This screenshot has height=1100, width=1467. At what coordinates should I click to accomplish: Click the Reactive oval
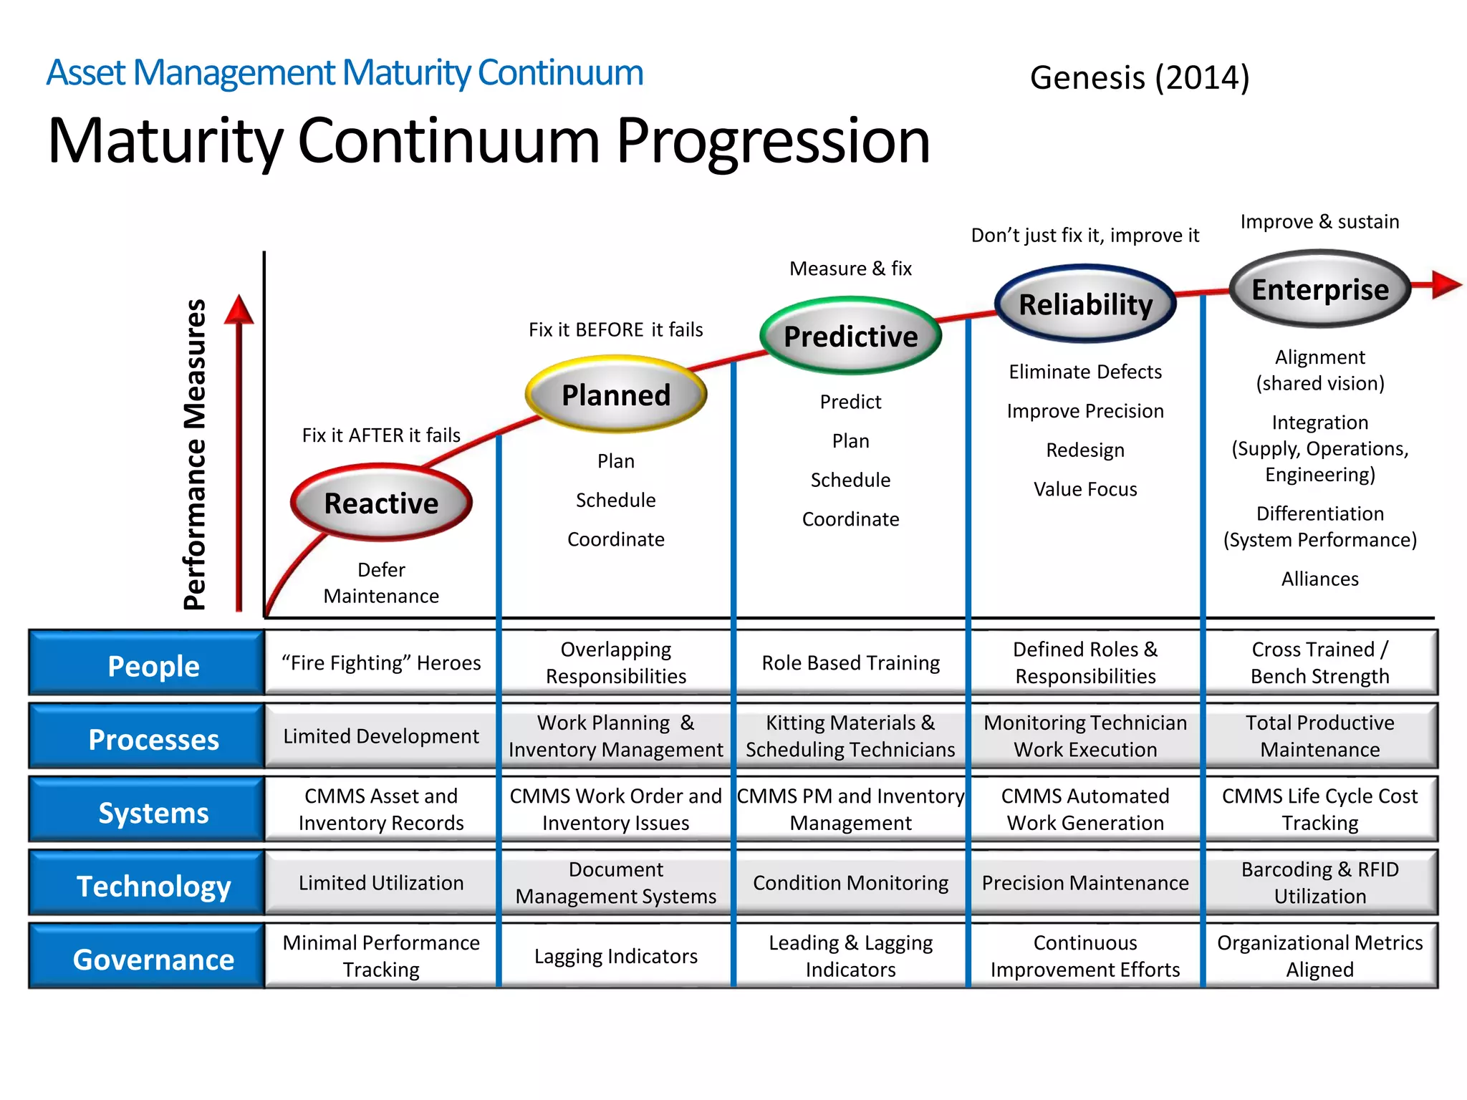tap(381, 503)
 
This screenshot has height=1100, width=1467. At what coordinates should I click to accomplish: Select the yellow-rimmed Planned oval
tap(616, 395)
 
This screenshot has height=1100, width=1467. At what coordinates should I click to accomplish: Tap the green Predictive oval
tap(850, 336)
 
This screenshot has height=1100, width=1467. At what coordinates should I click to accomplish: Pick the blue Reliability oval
tap(1085, 304)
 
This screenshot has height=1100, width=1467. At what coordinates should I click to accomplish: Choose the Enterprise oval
tap(1319, 289)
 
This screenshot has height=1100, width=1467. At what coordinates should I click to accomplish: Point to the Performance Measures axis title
tap(195, 454)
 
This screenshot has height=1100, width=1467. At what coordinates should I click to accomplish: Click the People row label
tap(153, 665)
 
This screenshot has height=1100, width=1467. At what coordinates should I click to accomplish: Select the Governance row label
tap(153, 959)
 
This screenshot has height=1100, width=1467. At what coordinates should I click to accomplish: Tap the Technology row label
tap(153, 886)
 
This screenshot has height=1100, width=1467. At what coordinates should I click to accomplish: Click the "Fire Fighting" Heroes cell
tap(381, 663)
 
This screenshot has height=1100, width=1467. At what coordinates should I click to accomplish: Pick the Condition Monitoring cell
tap(850, 883)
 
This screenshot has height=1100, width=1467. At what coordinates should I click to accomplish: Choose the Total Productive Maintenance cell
tap(1319, 736)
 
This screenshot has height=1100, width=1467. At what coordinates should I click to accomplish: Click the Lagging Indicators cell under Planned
tap(616, 956)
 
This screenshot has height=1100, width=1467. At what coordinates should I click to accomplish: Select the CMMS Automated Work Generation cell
tap(1085, 809)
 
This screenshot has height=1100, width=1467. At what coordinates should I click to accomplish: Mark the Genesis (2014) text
tap(1140, 77)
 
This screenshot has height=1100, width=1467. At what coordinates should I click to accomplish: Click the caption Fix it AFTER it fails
tap(381, 435)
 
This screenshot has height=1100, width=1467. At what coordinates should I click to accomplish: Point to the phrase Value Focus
tap(1085, 489)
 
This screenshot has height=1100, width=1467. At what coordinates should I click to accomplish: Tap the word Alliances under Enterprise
tap(1319, 579)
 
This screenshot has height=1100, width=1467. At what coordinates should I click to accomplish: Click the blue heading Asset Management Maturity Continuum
tap(345, 73)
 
